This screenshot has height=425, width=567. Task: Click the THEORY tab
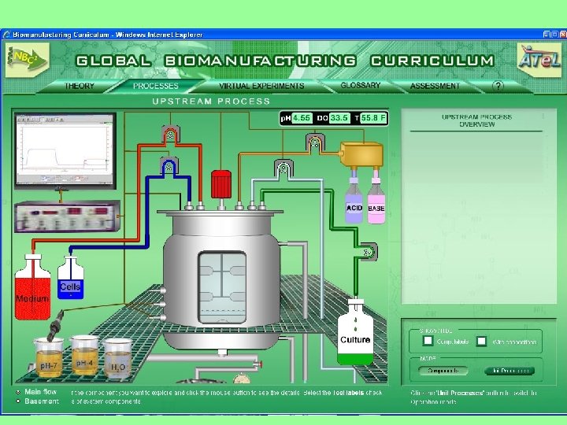(x=79, y=86)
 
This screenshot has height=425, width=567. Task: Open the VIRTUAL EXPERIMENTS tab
(x=261, y=86)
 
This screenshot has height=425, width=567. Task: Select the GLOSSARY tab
(x=361, y=85)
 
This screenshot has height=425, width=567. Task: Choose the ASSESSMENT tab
(x=435, y=86)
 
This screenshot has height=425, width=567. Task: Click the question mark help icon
(x=497, y=85)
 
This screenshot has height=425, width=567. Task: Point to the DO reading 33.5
(x=339, y=117)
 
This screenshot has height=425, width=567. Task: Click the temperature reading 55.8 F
(x=374, y=117)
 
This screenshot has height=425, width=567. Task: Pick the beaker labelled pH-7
(x=49, y=357)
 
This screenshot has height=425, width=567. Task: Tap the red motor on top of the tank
(x=220, y=185)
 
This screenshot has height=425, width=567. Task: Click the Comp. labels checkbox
(x=428, y=341)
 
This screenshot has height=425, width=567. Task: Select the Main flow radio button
(x=17, y=391)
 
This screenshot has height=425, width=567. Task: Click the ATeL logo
(x=539, y=57)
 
